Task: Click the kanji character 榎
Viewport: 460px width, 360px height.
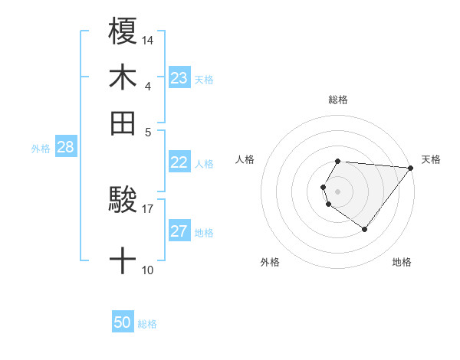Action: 123,31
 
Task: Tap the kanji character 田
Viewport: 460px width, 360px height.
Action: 123,122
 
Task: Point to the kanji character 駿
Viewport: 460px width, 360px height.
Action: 123,201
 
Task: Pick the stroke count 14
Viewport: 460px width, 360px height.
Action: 148,40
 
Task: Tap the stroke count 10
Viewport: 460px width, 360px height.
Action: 147,270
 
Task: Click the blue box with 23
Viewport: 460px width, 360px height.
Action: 179,78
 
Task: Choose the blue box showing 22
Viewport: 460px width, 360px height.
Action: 179,162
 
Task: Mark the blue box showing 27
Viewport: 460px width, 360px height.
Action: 179,231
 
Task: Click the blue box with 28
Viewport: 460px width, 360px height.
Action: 65,148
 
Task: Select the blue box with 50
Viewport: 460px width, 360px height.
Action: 123,323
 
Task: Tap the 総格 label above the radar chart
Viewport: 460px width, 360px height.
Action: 338,100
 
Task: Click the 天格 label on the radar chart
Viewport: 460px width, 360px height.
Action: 431,159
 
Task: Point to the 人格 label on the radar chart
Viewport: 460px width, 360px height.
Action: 245,159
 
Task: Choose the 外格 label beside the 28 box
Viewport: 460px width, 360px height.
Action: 40,149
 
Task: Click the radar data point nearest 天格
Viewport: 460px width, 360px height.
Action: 411,168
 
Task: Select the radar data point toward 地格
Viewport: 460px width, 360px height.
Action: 364,229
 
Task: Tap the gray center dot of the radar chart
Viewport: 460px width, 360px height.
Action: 338,191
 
